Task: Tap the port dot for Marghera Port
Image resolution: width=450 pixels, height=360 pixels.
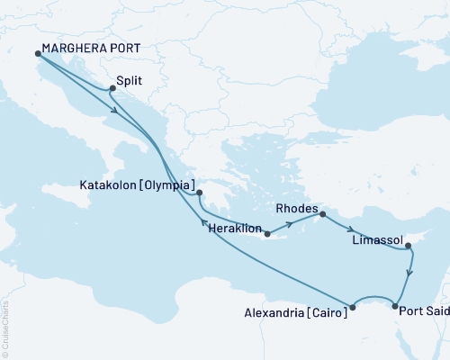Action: [x=38, y=54]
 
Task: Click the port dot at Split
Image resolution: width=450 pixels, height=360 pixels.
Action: [x=112, y=88]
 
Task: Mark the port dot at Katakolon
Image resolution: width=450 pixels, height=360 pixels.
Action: [x=200, y=192]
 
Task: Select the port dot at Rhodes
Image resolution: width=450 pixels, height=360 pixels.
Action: [x=322, y=214]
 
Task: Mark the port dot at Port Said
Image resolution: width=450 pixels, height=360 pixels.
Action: [x=395, y=307]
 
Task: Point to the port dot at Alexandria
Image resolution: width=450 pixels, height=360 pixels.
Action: [x=353, y=307]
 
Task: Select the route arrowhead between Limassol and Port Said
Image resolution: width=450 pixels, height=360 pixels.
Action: [x=411, y=272]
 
